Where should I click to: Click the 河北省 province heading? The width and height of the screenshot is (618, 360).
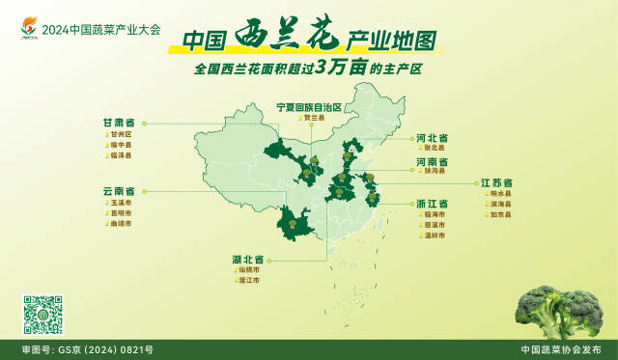click(432, 137)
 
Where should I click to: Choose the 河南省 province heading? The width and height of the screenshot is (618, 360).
click(432, 161)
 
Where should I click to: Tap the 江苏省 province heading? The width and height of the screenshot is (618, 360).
click(495, 182)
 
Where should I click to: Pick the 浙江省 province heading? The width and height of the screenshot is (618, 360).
click(432, 205)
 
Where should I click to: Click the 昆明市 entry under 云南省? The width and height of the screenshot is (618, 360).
click(121, 213)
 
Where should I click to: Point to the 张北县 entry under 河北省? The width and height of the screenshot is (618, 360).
click(435, 148)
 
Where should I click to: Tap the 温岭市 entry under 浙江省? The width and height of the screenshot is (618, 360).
click(435, 235)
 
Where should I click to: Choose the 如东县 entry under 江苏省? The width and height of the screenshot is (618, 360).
click(500, 214)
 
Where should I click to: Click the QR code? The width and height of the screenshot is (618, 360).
click(42, 315)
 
